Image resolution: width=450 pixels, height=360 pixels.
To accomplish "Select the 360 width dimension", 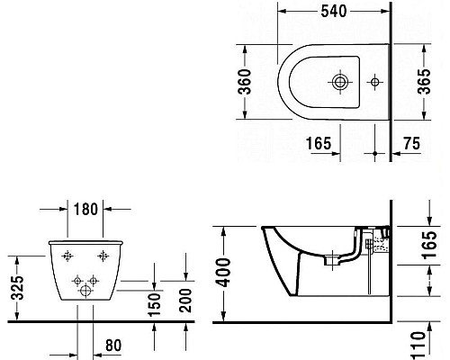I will point(255,81).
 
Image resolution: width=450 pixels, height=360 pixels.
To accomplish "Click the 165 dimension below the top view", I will point(317,141).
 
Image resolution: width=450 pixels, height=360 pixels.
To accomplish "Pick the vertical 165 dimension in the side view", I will point(432,246).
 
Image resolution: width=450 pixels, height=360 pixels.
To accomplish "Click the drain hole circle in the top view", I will point(340,81).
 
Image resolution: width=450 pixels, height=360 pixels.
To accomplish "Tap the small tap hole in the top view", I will point(374,81).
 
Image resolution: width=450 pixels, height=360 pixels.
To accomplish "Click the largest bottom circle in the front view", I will point(87,289).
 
